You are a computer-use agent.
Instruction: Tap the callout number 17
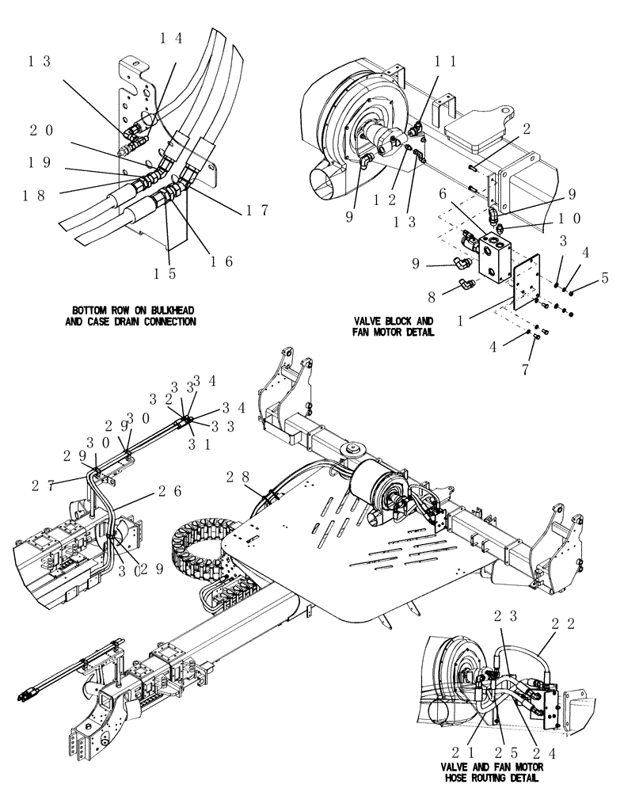tap(257, 210)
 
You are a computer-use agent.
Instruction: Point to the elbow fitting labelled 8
tap(468, 284)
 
